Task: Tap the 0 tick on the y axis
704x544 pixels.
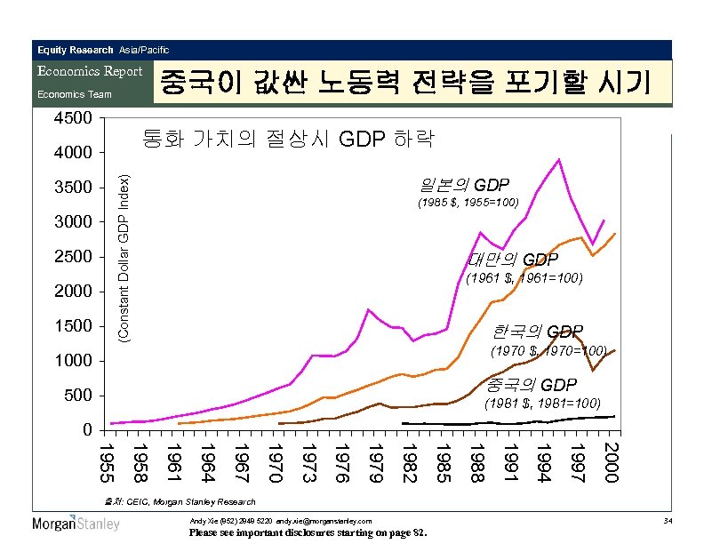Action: coord(85,430)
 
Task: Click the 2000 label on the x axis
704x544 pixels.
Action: coord(611,460)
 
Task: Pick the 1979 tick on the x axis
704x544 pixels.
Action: coord(377,460)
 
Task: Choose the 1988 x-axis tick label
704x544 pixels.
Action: coord(477,460)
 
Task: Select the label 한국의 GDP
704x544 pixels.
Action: coord(538,332)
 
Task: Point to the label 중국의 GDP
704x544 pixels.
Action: coord(532,385)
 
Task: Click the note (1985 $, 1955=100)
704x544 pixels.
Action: coord(468,204)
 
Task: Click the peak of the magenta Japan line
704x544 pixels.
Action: coord(557,160)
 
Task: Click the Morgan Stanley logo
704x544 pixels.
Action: coord(76,524)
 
